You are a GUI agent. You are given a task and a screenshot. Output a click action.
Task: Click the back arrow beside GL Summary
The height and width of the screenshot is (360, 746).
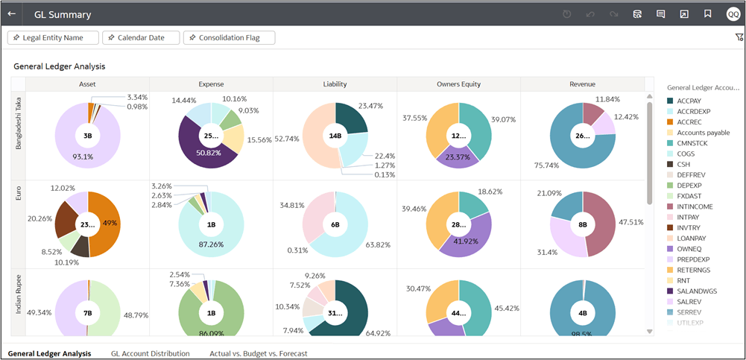tap(12, 14)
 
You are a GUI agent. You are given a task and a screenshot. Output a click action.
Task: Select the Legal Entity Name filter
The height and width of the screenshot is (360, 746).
tap(53, 38)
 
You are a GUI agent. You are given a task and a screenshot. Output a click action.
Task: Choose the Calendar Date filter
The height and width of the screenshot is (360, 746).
tap(141, 38)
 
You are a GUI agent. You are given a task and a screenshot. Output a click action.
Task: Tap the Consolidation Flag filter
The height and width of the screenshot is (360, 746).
tap(229, 38)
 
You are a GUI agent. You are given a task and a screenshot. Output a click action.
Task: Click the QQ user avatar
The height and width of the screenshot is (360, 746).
tap(733, 14)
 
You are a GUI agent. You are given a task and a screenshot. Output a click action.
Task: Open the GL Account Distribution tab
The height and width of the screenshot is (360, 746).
tap(150, 353)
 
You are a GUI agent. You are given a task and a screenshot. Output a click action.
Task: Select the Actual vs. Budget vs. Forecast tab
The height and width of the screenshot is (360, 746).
tap(258, 353)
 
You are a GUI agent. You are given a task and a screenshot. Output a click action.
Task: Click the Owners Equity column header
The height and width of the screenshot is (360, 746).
tap(458, 84)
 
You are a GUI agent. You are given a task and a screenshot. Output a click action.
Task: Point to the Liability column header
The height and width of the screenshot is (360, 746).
tap(335, 84)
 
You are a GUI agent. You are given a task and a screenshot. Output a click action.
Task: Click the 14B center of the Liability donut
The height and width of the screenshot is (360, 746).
tap(335, 136)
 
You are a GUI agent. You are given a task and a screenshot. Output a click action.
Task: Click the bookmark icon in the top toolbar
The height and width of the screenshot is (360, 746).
tap(708, 14)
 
